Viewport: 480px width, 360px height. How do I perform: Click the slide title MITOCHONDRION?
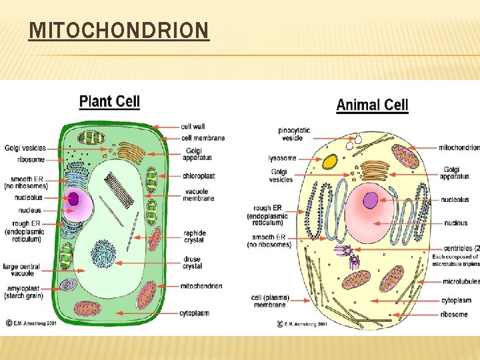coord(119,31)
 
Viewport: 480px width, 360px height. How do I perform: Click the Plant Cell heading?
coord(109,101)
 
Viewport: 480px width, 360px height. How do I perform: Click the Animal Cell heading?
coord(372,105)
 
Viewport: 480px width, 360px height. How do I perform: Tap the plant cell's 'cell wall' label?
coord(193,127)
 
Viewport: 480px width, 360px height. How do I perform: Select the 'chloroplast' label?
coord(199,176)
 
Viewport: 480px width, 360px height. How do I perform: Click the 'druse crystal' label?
coord(193,262)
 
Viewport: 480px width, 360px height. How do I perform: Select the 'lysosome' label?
coord(283,158)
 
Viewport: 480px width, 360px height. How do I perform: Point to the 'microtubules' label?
coord(460,281)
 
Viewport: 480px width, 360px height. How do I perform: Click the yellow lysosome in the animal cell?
coord(329,161)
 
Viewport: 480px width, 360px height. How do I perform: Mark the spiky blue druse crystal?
coord(103,253)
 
